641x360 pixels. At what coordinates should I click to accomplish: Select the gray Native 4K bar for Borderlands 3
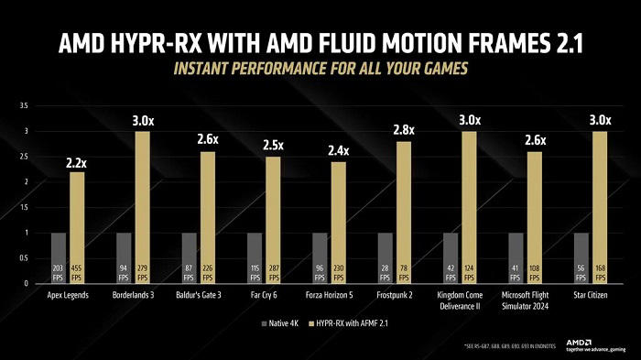[x=124, y=257]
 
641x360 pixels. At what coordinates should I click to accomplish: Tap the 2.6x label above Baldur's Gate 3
[x=207, y=139]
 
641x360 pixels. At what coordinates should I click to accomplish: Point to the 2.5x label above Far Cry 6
[x=273, y=145]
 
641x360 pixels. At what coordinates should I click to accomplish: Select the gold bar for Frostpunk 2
[x=404, y=212]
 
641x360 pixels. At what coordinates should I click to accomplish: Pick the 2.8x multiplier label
[x=404, y=130]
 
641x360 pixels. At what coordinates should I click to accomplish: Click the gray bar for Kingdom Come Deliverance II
[x=451, y=257]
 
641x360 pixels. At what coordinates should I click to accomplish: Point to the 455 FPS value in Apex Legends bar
[x=77, y=273]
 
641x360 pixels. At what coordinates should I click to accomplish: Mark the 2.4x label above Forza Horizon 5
[x=338, y=150]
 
